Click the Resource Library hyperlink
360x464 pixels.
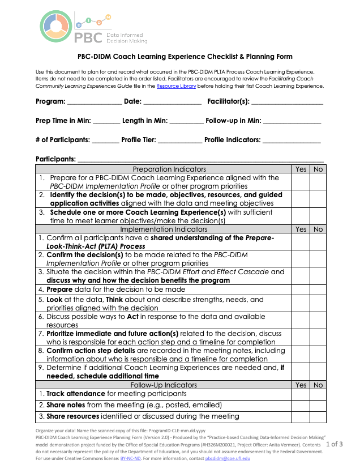(176, 86)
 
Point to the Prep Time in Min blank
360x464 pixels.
(106, 121)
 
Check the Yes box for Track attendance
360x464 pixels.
(301, 394)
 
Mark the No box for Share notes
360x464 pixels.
(318, 405)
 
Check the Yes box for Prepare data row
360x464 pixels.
(301, 289)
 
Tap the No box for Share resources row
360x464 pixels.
(318, 416)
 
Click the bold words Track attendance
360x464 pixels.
(75, 394)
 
